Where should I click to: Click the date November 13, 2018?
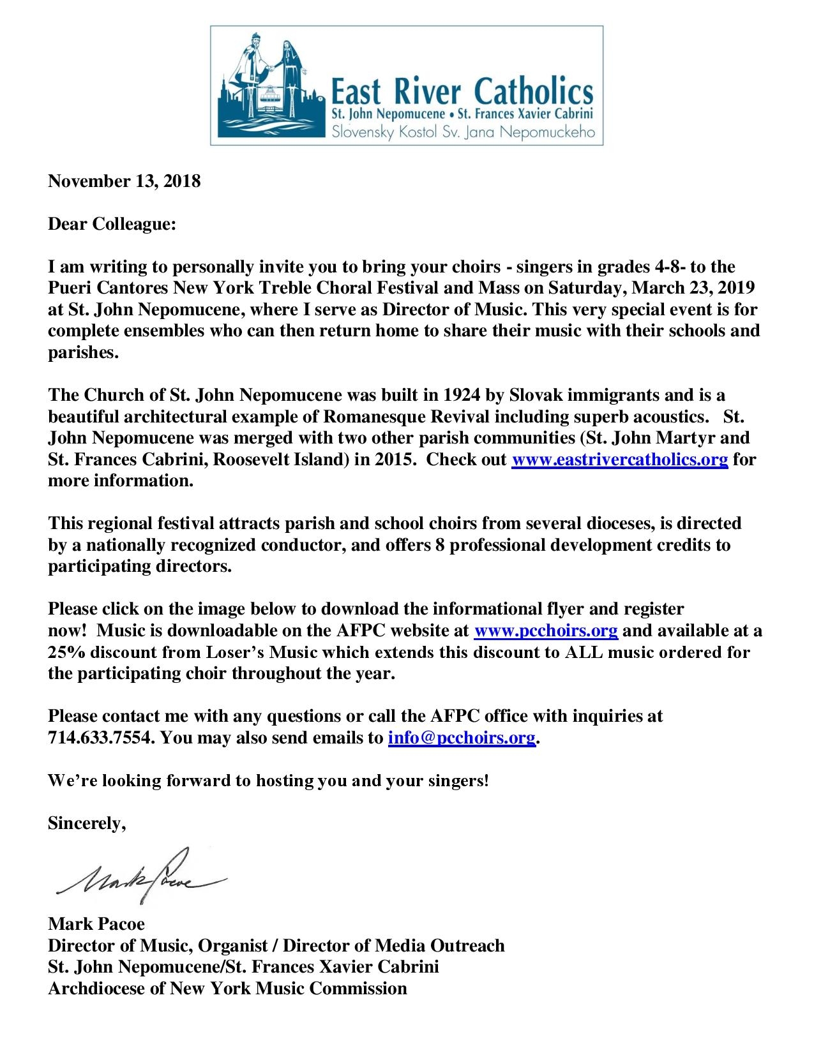click(x=124, y=181)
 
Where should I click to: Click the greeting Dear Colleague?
click(x=111, y=225)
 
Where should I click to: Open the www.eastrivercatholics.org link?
click(x=620, y=459)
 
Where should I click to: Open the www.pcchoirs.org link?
click(x=545, y=631)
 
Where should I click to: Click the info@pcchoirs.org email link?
click(x=461, y=738)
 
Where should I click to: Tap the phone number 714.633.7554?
click(x=101, y=738)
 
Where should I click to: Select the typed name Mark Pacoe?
click(x=96, y=924)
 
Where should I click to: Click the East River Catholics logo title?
click(x=461, y=92)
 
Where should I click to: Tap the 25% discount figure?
click(x=63, y=652)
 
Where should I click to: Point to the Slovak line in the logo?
click(x=461, y=133)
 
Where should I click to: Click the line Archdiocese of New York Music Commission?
click(x=227, y=989)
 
